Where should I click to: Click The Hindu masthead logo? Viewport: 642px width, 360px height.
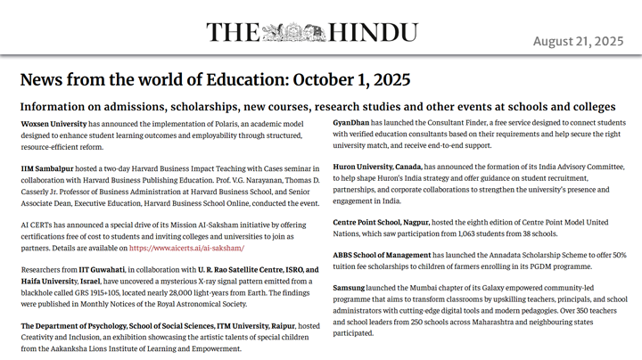coord(320,34)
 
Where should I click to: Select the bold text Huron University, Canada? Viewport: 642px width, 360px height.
coord(377,166)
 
